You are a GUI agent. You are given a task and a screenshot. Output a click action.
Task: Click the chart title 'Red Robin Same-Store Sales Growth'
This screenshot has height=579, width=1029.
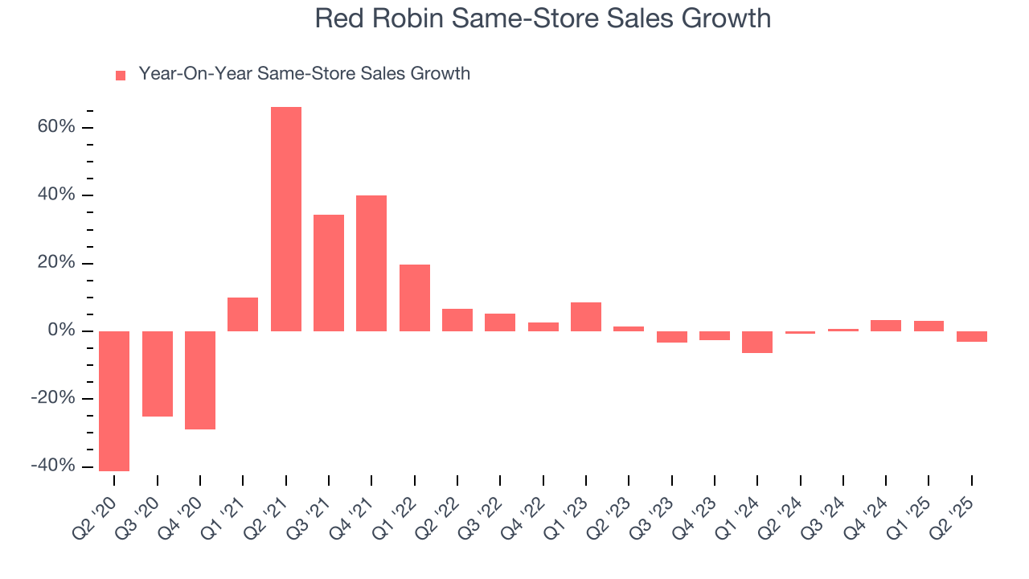point(543,18)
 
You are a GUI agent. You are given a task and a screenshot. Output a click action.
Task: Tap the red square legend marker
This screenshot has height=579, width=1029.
point(121,75)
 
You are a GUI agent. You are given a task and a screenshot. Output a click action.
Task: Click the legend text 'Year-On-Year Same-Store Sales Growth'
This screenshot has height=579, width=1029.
point(304,74)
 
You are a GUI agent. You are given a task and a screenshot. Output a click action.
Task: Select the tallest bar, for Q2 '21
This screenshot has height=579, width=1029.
point(286,219)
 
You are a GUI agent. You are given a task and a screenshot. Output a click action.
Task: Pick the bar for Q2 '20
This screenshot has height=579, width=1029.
point(114,400)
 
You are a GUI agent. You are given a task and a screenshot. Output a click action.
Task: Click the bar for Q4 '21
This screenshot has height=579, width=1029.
point(371,263)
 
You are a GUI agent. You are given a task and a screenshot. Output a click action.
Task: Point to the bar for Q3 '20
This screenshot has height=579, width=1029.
point(158,373)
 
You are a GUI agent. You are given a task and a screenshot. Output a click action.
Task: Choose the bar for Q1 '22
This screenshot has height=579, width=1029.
point(415,298)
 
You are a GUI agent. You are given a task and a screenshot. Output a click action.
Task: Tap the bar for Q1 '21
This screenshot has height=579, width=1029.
point(243,314)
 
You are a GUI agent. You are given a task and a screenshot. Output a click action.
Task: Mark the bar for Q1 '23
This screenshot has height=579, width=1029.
point(586,317)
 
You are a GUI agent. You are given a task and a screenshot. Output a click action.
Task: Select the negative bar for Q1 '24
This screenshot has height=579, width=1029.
point(757,342)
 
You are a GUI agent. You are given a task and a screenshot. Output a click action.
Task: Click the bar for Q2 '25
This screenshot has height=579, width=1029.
point(972,336)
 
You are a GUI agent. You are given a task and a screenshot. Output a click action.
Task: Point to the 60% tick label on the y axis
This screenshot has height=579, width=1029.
point(55,127)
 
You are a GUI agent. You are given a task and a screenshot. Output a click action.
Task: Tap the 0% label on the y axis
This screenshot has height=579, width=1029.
point(60,331)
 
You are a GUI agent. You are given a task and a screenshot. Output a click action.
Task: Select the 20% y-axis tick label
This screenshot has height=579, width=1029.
point(55,263)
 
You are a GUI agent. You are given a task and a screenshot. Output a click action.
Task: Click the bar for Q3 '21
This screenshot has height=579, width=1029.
point(329,273)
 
